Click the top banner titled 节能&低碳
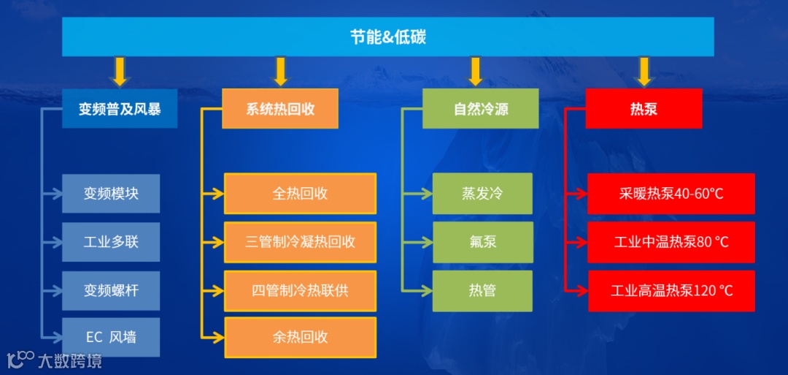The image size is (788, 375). click(x=387, y=37)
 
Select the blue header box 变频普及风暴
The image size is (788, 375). click(x=120, y=109)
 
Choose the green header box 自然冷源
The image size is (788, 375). click(x=481, y=109)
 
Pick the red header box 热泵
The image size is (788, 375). click(x=644, y=109)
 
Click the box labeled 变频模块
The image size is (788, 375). click(x=111, y=194)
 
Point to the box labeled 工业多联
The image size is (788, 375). click(x=111, y=242)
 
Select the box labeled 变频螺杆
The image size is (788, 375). click(x=111, y=290)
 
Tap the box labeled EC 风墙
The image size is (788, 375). click(x=111, y=337)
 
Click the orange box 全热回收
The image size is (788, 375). click(x=300, y=194)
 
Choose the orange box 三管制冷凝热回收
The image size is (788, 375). click(x=300, y=242)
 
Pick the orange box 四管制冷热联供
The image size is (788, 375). click(x=300, y=290)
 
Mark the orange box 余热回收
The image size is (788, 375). click(x=300, y=337)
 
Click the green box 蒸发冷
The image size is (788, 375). click(x=482, y=194)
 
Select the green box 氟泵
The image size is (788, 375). click(x=482, y=242)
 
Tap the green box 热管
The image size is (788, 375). click(x=482, y=290)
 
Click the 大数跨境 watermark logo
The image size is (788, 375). click(x=55, y=360)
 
